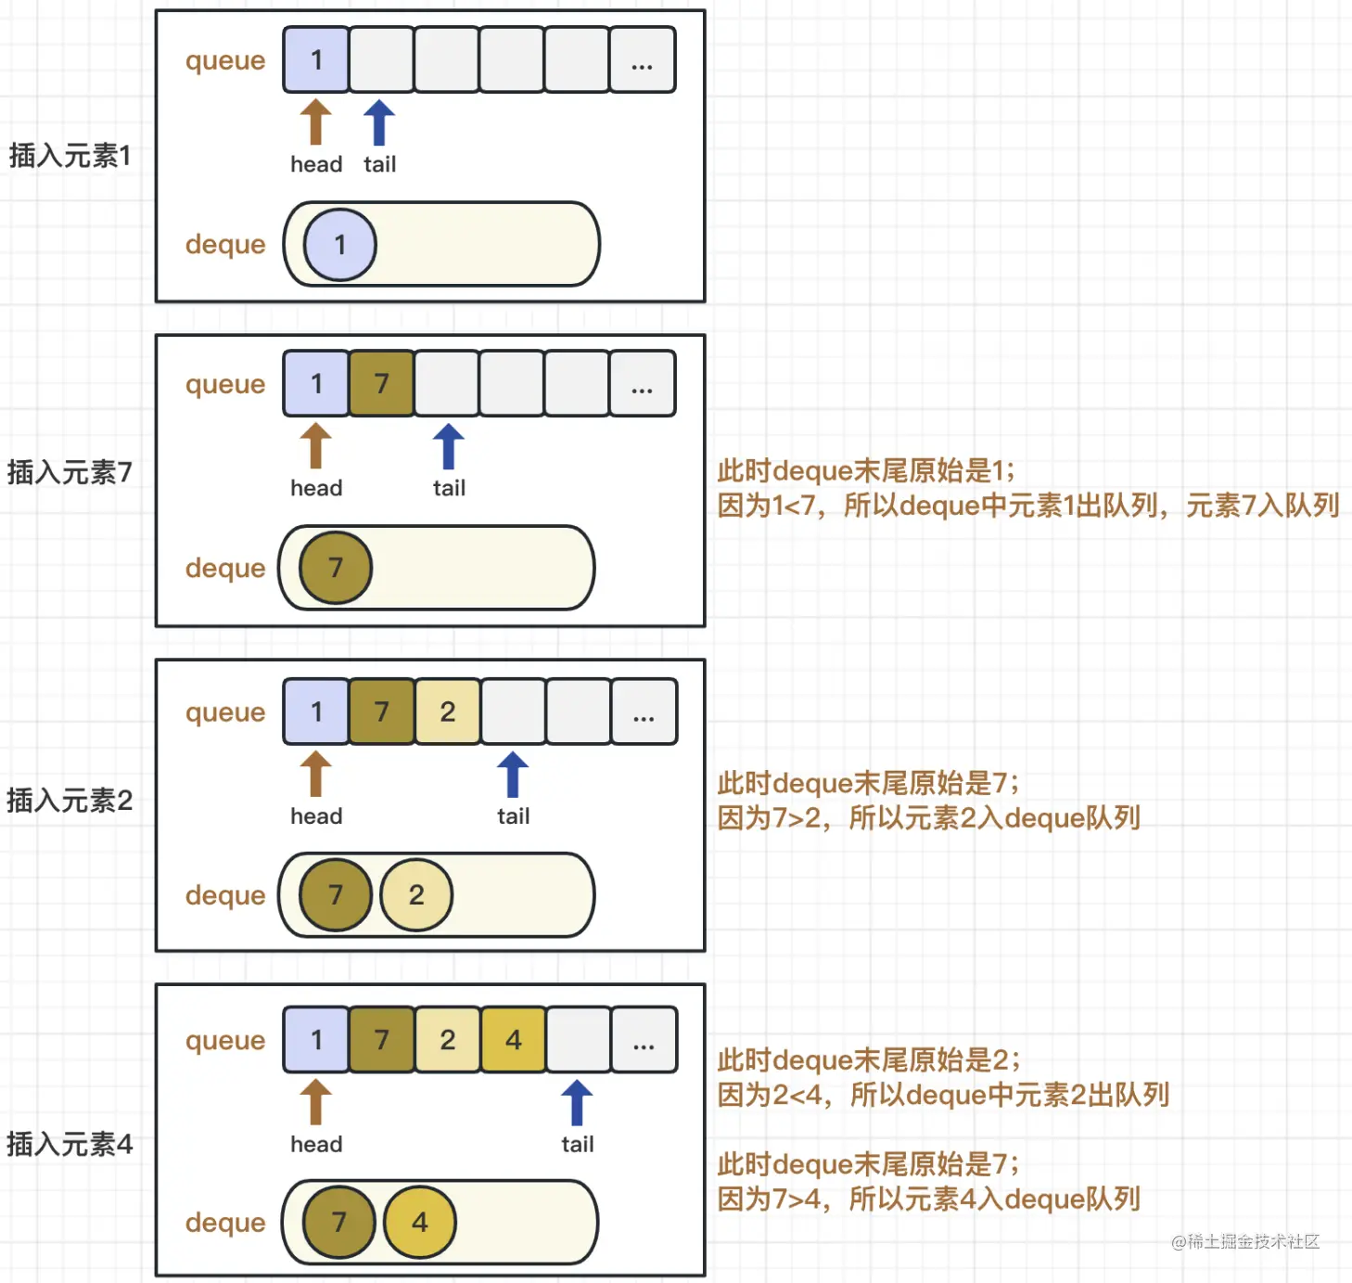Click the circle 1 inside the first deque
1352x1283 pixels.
340,245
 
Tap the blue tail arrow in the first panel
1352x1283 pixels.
379,123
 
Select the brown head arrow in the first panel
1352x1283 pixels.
315,123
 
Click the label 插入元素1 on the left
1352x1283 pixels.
70,155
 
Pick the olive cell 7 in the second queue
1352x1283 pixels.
381,383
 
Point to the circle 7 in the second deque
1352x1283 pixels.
336,568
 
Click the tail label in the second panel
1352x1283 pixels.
449,488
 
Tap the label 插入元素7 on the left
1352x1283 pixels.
70,472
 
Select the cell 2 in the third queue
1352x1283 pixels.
448,712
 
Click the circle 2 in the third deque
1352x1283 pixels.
416,894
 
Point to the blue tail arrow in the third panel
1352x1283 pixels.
513,776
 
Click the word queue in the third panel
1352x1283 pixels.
225,712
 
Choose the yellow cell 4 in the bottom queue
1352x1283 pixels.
513,1040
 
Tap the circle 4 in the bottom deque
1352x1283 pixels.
419,1222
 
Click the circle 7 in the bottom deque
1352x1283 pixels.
338,1222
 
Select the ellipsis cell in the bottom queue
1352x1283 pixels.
644,1040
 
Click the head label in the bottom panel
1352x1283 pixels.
316,1144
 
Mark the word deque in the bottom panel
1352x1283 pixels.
225,1222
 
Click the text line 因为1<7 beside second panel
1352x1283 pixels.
1027,506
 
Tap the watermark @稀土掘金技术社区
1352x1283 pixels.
1244,1241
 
